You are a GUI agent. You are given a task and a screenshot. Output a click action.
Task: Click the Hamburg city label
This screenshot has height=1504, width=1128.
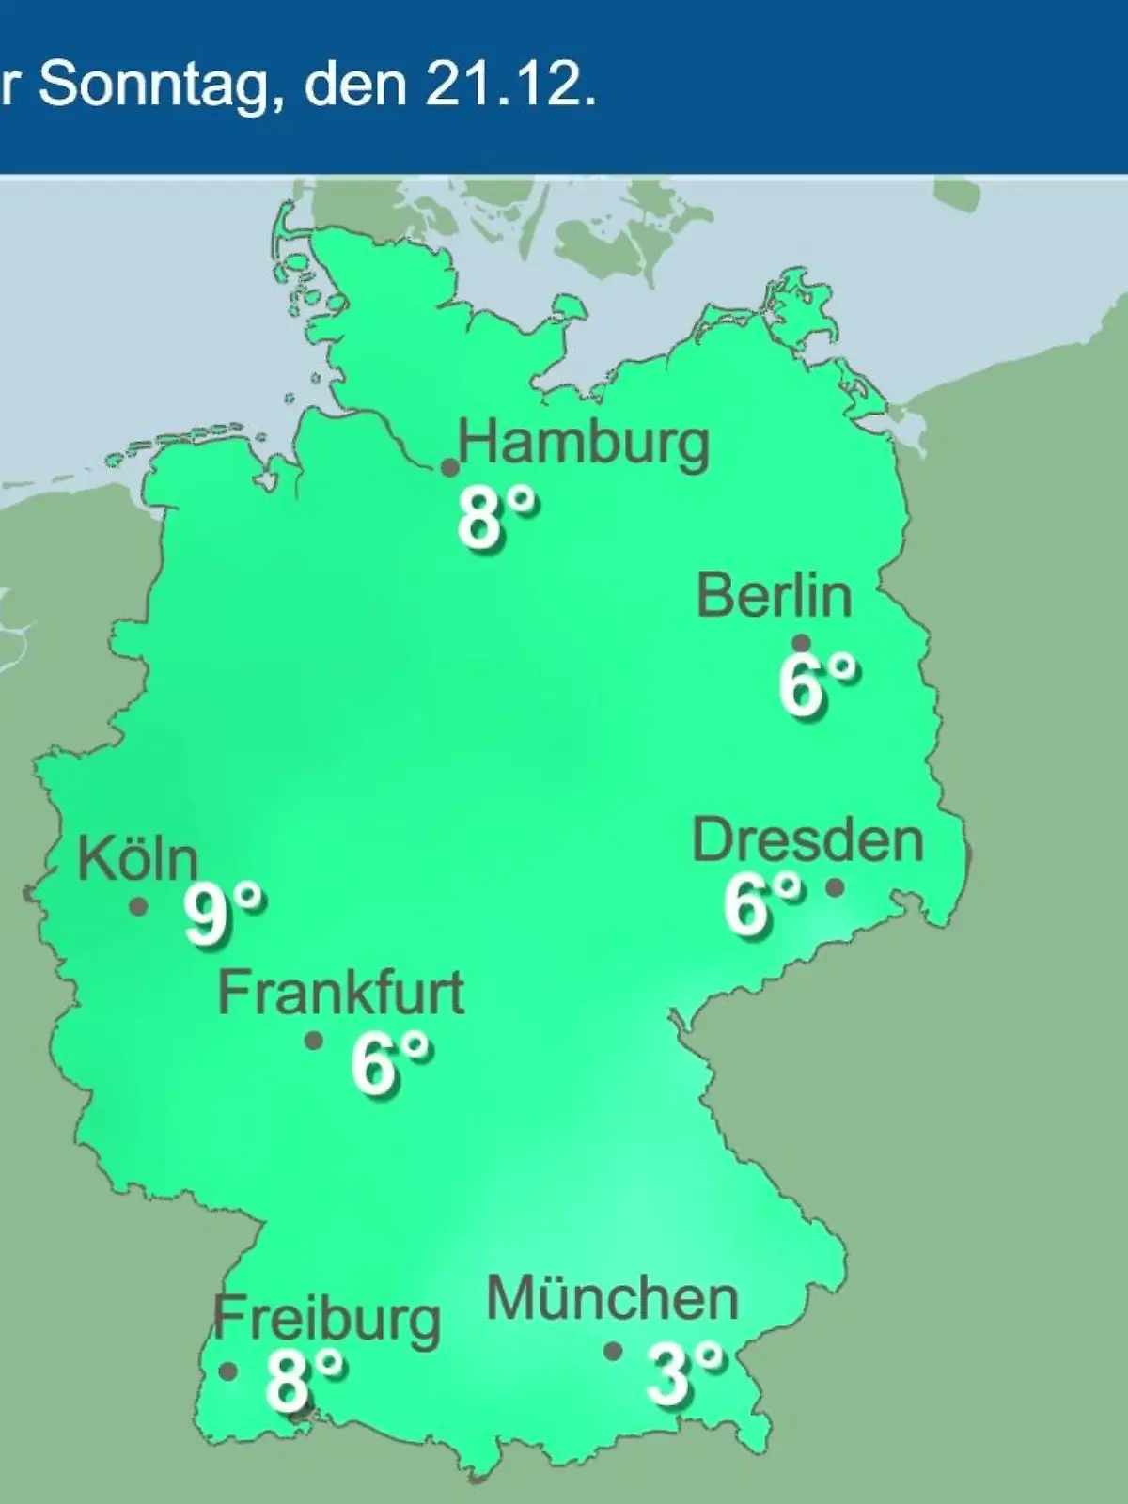pos(583,444)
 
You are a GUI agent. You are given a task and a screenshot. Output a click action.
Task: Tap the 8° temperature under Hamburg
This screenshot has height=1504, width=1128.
pos(496,518)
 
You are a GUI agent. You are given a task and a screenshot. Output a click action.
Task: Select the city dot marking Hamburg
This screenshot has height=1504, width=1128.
pos(450,467)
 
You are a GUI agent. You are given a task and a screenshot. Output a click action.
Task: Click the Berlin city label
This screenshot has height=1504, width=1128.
pos(774,596)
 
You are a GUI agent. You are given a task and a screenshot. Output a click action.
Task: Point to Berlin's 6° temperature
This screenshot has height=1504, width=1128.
pos(816,686)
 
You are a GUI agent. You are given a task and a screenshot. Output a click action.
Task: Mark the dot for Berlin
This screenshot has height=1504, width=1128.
pos(802,644)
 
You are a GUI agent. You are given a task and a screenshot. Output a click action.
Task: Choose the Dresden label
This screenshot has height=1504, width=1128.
pos(807,839)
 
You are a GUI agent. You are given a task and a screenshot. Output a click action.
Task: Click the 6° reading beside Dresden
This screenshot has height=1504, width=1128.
pos(762,904)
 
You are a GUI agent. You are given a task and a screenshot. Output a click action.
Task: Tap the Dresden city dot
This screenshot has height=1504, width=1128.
pos(834,886)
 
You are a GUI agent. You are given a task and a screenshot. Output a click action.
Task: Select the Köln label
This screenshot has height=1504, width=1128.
pos(138,858)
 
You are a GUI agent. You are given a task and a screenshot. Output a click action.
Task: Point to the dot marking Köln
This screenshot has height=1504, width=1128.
pos(138,907)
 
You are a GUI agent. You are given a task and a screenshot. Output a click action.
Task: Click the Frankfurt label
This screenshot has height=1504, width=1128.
pos(341,993)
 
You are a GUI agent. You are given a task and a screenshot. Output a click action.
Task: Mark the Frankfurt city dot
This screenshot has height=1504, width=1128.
pos(314,1042)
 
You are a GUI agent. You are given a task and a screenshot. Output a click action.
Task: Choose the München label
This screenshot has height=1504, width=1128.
pos(612,1300)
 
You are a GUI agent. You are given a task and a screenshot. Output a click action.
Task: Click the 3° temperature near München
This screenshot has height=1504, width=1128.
pos(683,1373)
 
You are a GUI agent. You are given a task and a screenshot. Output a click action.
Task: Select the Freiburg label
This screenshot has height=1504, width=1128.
pos(326,1320)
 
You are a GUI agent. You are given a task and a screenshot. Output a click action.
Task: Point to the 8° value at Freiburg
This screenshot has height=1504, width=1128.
pos(304,1379)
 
